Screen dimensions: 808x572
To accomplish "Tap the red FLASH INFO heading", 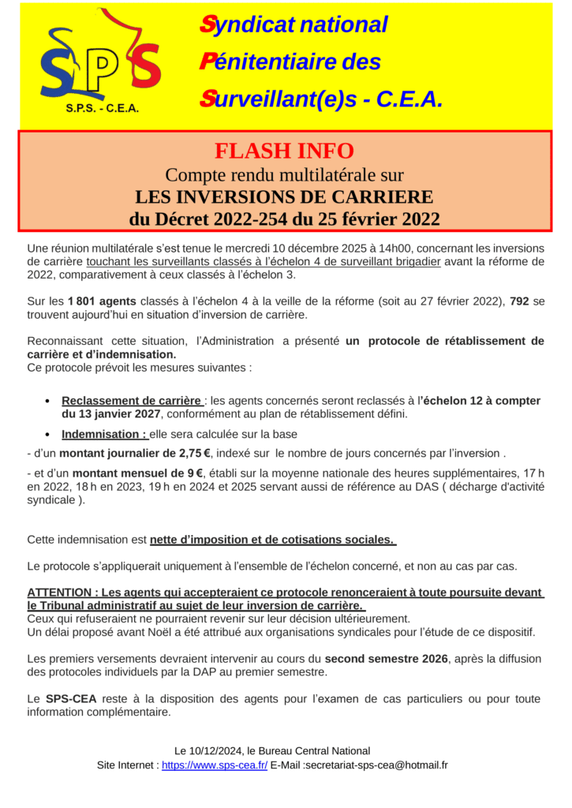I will (284, 151).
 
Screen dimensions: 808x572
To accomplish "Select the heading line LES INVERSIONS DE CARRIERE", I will (284, 196).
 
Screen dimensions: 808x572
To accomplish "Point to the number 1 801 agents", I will (102, 301).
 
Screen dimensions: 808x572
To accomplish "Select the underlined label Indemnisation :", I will (104, 434).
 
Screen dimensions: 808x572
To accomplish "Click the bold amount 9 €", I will (193, 473).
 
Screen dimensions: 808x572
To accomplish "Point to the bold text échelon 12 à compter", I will (481, 401).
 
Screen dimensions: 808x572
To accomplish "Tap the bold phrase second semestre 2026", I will (386, 658).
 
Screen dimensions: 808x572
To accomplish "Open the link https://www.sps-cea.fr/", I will (215, 765).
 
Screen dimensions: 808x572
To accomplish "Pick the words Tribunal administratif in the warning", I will (103, 605).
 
